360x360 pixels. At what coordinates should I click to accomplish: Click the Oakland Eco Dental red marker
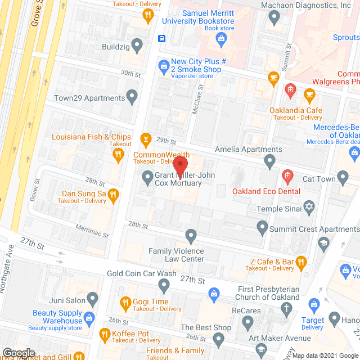[x=287, y=177]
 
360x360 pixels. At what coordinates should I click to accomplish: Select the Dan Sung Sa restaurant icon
[x=112, y=195]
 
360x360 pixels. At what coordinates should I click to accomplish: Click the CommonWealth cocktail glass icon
[x=146, y=139]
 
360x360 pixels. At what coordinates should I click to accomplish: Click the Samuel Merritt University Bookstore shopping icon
[x=221, y=38]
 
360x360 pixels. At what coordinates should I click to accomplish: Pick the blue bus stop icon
[x=161, y=38]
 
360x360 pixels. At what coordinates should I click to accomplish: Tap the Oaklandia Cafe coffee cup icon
[x=308, y=94]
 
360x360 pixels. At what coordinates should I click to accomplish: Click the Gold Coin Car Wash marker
[x=164, y=286]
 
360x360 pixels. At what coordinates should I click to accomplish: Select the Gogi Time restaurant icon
[x=125, y=304]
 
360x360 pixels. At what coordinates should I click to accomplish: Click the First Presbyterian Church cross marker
[x=287, y=308]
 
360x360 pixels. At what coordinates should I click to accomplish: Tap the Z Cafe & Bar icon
[x=301, y=261]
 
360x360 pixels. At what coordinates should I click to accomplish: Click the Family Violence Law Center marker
[x=191, y=235]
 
